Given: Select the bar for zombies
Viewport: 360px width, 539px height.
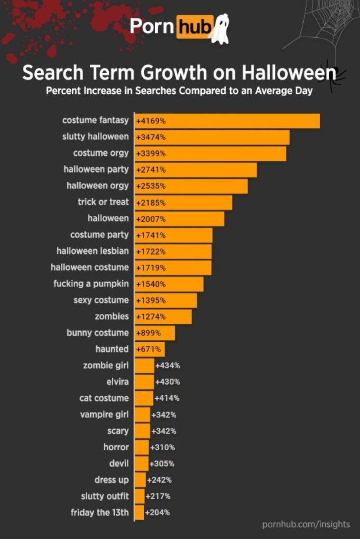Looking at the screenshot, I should [x=163, y=317].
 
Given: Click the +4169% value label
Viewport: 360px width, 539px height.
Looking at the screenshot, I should [x=151, y=121].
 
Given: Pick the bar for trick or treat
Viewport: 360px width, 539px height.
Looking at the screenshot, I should [x=183, y=203].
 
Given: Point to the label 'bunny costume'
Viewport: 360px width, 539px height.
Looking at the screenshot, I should [x=98, y=333].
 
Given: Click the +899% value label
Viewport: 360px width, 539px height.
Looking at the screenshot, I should [x=148, y=333].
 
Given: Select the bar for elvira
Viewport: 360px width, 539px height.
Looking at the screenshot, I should [x=144, y=382].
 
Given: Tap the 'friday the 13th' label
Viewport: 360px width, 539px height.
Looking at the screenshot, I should [x=100, y=512].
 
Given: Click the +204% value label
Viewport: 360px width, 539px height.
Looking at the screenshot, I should [x=157, y=513].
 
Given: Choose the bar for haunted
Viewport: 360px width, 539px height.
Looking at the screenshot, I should [x=150, y=349].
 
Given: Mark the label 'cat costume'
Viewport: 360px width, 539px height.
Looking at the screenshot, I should [x=104, y=398].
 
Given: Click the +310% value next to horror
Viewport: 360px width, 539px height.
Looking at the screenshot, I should [x=162, y=447].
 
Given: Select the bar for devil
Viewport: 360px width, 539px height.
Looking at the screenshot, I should [x=141, y=464].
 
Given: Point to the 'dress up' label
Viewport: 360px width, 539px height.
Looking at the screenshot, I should [x=111, y=480].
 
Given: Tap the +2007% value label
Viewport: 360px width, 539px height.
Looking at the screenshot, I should [x=151, y=219].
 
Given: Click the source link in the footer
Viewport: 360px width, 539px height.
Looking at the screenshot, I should [x=306, y=525].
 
